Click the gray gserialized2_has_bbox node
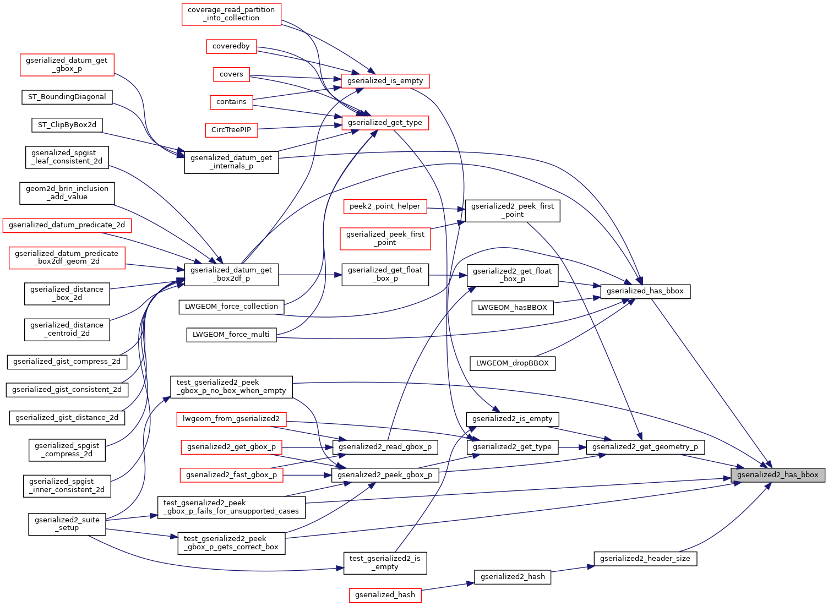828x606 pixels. [777, 474]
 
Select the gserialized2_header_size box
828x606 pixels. [645, 558]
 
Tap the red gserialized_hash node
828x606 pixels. [385, 594]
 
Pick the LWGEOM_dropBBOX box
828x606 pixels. [512, 363]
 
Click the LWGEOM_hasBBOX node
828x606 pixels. [512, 307]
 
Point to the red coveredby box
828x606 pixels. [231, 46]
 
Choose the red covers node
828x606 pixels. [231, 74]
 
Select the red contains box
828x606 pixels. [231, 102]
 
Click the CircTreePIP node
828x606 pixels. [231, 130]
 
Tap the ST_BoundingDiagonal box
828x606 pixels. [67, 97]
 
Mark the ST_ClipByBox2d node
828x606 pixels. [67, 125]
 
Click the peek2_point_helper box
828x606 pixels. [385, 206]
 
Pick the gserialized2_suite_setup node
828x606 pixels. [67, 523]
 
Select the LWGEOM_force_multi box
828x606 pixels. [231, 334]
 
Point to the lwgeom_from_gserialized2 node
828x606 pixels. [231, 419]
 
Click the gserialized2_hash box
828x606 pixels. [513, 576]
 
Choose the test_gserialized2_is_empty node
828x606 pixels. [385, 563]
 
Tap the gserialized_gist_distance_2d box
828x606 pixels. [67, 418]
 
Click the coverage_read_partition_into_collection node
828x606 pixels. [231, 14]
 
